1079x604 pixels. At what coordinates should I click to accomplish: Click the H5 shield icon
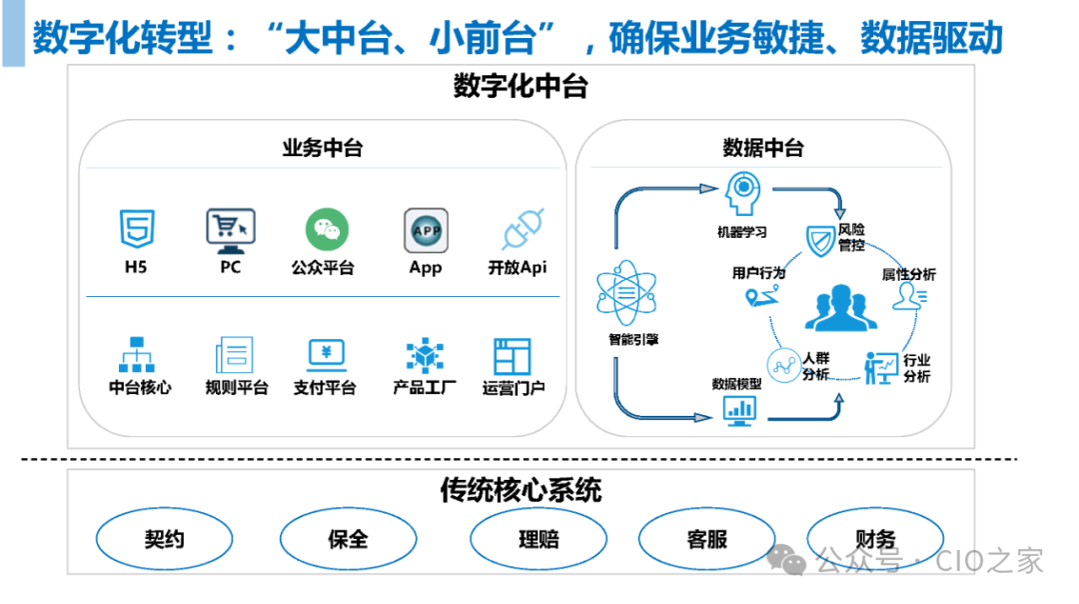pyautogui.click(x=137, y=229)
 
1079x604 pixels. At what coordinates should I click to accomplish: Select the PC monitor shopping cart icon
pyautogui.click(x=230, y=229)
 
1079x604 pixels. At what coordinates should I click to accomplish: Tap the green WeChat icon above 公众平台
pyautogui.click(x=326, y=229)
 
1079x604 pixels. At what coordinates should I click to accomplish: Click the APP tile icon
pyautogui.click(x=426, y=230)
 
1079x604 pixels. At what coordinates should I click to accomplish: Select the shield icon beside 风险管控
pyautogui.click(x=821, y=240)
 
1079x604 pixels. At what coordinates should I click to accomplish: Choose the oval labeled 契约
pyautogui.click(x=164, y=540)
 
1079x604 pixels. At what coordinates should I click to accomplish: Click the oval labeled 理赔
pyautogui.click(x=539, y=540)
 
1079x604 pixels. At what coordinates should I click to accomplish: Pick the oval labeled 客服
pyautogui.click(x=706, y=540)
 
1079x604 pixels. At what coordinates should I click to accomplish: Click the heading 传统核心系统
pyautogui.click(x=521, y=491)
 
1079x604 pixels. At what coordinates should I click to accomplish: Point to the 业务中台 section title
pyautogui.click(x=322, y=149)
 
